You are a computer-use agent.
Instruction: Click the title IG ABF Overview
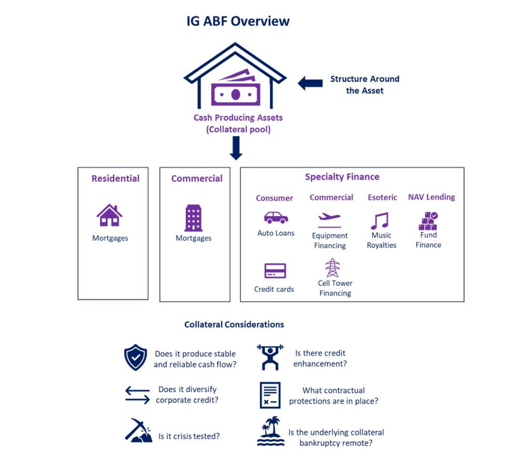click(238, 21)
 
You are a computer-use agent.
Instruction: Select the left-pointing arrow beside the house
click(310, 83)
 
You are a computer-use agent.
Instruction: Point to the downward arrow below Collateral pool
click(236, 148)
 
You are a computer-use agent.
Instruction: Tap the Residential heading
click(115, 178)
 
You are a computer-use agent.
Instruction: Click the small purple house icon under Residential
click(109, 215)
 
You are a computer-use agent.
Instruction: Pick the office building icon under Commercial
click(194, 218)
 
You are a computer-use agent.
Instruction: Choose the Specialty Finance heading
click(342, 177)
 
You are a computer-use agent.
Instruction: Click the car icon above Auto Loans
click(276, 218)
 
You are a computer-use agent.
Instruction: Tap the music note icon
click(380, 221)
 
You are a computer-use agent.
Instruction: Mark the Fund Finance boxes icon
click(428, 221)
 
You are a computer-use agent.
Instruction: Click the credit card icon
click(275, 271)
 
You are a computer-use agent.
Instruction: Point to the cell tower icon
click(332, 268)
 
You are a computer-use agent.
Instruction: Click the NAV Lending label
click(432, 197)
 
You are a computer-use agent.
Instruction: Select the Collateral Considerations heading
click(234, 325)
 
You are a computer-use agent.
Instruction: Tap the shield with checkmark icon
click(136, 358)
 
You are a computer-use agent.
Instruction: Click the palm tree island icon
click(270, 431)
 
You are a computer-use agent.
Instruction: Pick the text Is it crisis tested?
click(189, 436)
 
